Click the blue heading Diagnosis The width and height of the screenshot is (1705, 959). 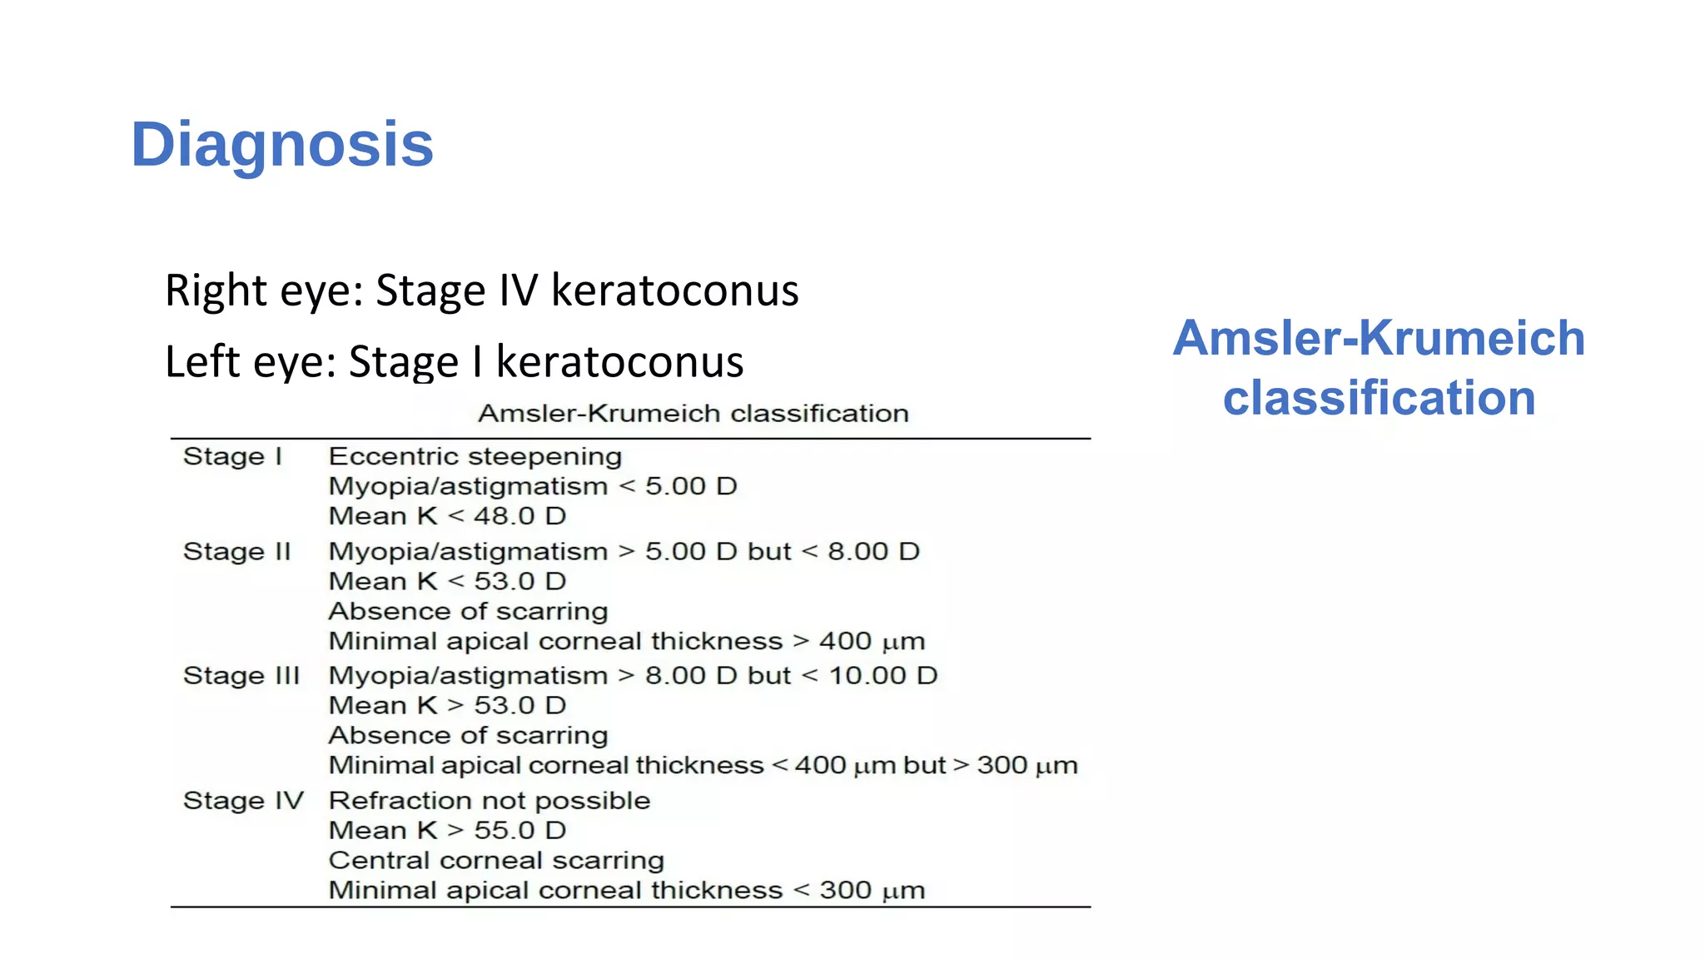tap(282, 145)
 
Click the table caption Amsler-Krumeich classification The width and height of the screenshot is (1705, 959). tap(693, 414)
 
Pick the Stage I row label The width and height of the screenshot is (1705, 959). tap(232, 457)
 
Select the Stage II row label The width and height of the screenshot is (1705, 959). tap(236, 552)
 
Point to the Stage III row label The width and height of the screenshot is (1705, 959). tap(241, 676)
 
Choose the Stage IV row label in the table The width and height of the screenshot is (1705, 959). tap(243, 801)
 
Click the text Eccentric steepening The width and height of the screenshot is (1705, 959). tap(475, 457)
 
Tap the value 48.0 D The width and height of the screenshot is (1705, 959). tap(519, 516)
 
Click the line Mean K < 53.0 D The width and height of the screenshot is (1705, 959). tap(447, 582)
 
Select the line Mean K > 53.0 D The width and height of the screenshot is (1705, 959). tap(447, 706)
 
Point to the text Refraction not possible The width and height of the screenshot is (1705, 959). tap(490, 801)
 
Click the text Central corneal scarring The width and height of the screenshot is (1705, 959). tap(496, 861)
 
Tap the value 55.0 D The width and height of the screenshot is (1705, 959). tap(519, 831)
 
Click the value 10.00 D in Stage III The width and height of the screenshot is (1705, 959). tap(882, 676)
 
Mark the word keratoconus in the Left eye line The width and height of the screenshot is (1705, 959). tap(619, 362)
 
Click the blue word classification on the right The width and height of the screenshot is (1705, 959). tap(1379, 398)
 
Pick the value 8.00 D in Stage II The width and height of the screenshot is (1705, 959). tap(872, 552)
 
